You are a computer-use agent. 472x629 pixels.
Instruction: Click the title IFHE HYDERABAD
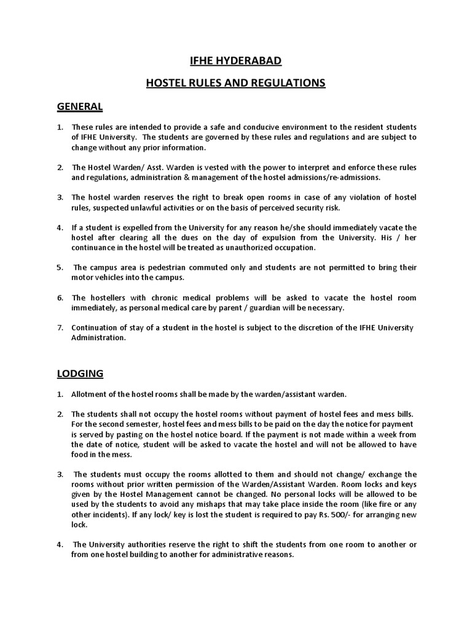click(235, 61)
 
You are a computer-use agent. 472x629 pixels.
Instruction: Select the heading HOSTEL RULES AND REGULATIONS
click(235, 83)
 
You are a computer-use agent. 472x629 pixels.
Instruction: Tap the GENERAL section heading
click(80, 106)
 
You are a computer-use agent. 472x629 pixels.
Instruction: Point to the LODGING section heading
click(81, 373)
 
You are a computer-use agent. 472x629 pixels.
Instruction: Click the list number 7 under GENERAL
click(60, 327)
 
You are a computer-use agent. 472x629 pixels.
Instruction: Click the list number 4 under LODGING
click(60, 545)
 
